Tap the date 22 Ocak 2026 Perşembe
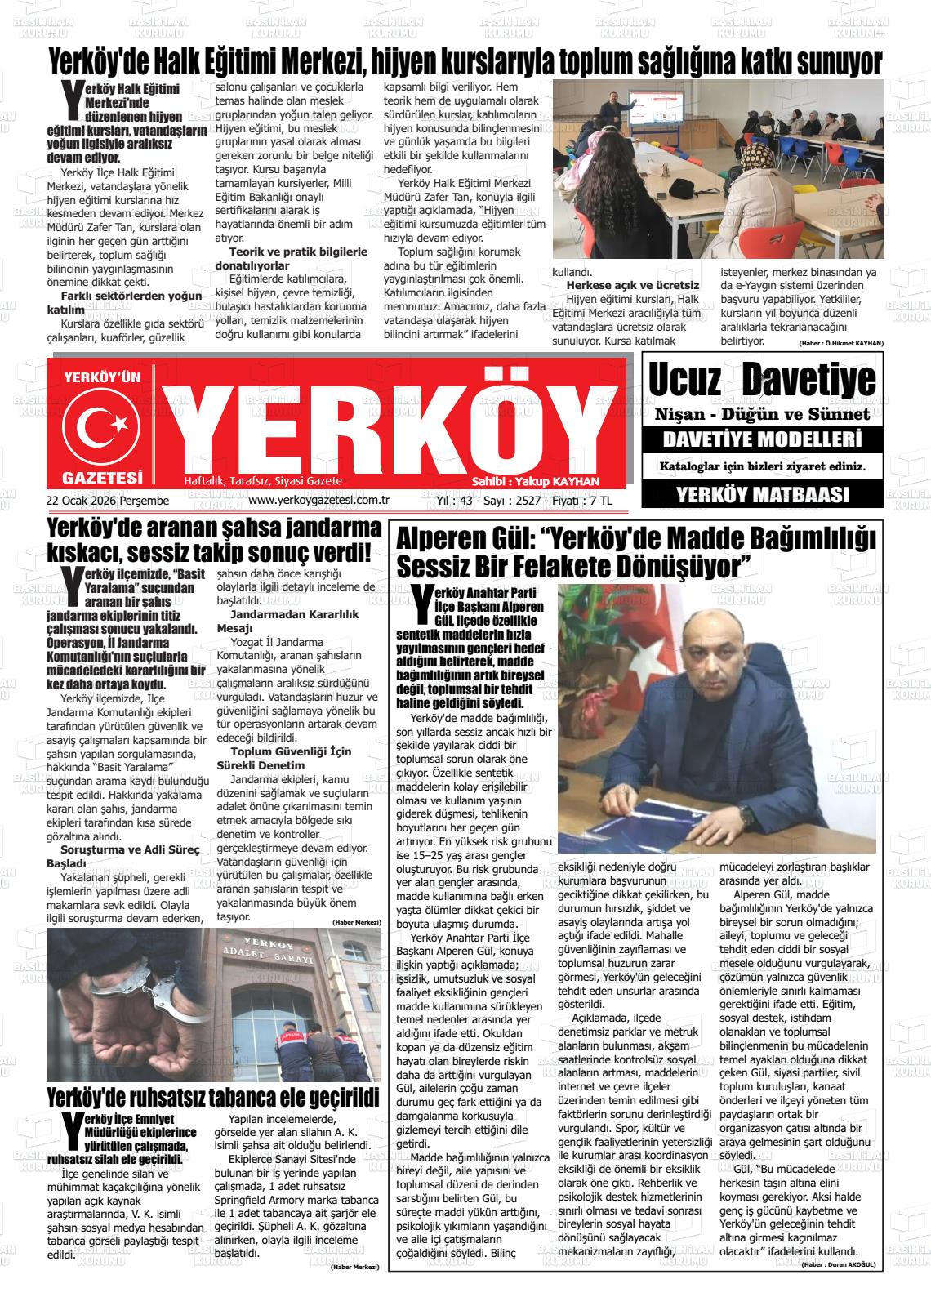point(107,500)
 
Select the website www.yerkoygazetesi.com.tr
point(318,500)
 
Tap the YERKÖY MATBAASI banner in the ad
point(762,493)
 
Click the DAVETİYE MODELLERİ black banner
point(762,439)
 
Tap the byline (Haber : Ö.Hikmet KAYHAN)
point(840,342)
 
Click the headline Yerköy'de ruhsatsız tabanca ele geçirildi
point(213,1096)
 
